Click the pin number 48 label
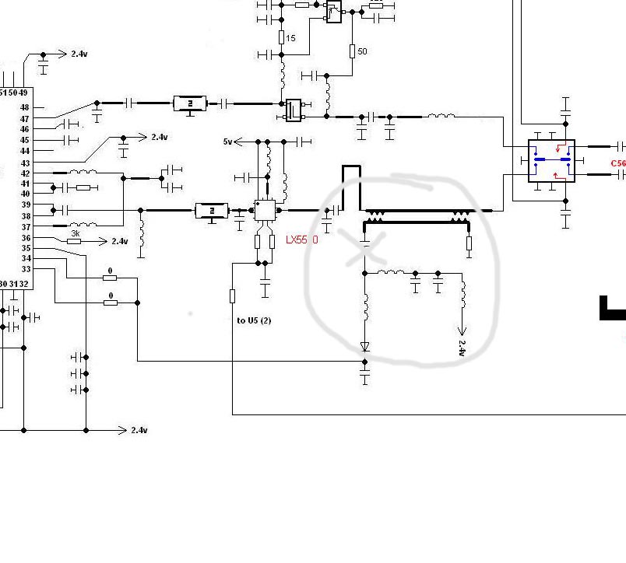point(25,107)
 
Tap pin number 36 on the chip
point(25,238)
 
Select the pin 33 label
point(25,269)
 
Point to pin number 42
point(25,173)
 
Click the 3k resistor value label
point(76,233)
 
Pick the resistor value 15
point(290,38)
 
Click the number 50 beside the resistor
point(362,52)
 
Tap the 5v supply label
point(227,142)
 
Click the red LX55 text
point(302,240)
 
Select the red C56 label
point(617,163)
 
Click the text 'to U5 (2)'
point(255,320)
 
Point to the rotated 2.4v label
point(462,348)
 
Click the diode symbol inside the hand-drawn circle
point(364,347)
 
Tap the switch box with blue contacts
point(551,161)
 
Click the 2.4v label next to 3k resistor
point(119,242)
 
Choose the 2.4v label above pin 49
point(79,54)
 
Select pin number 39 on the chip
point(25,205)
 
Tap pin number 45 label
point(25,140)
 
